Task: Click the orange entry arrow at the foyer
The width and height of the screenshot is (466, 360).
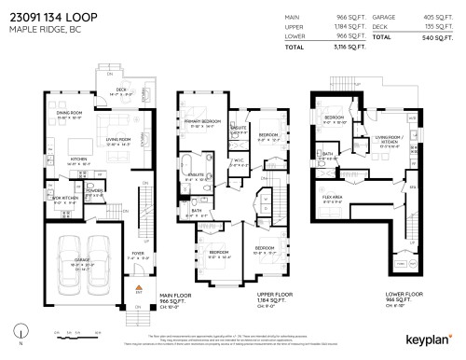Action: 138,288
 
